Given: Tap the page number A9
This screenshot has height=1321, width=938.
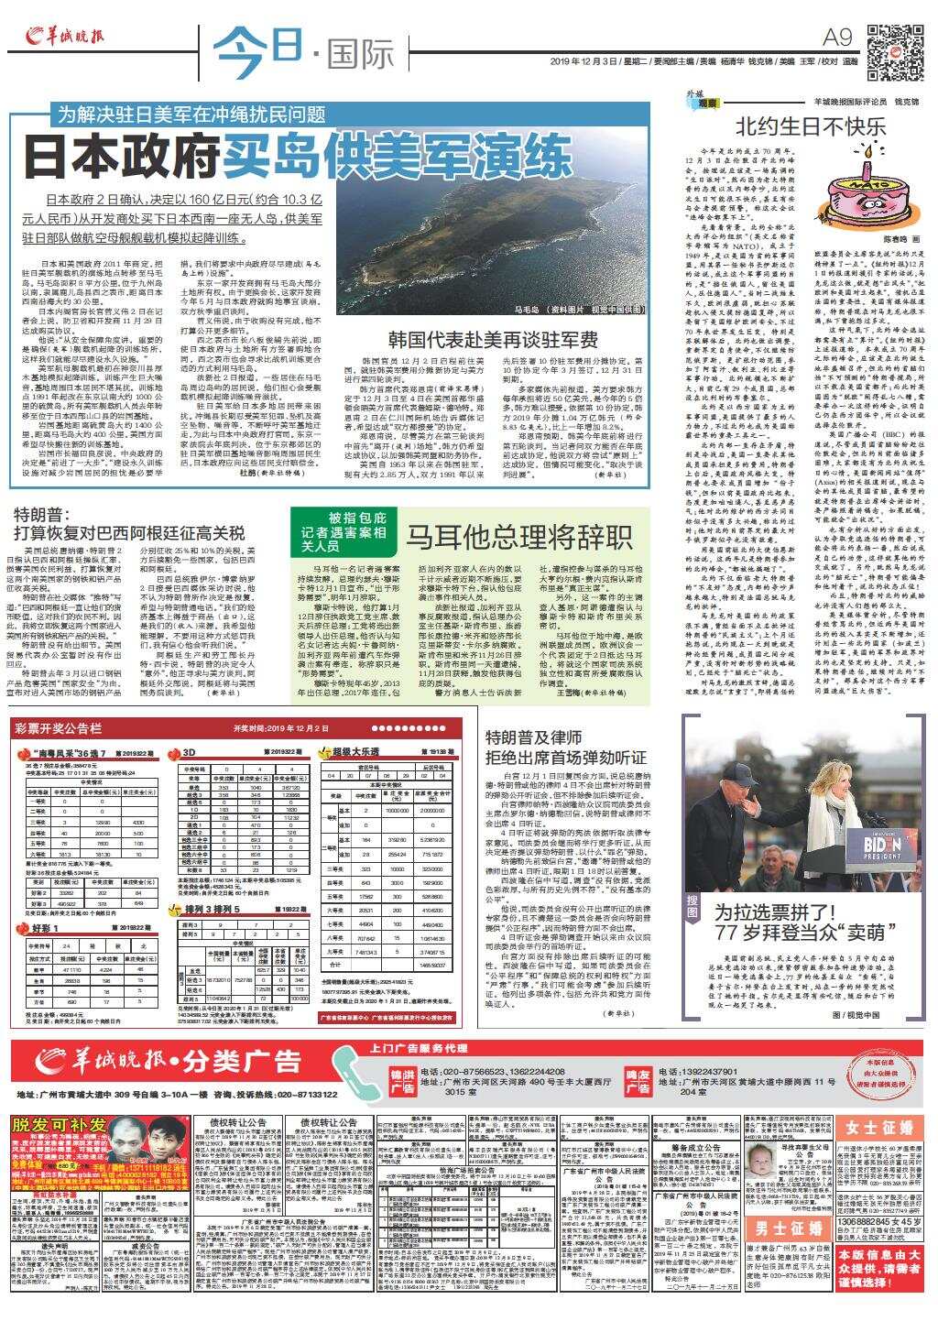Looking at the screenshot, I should (x=839, y=37).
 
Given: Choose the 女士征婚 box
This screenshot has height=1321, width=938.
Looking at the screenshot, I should (x=879, y=1127).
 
